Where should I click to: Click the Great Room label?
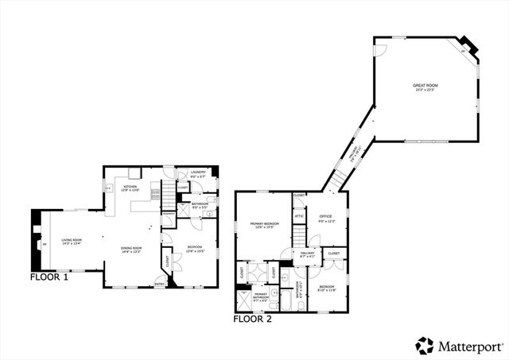(425, 87)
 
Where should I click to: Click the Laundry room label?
(198, 173)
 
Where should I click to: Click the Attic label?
(299, 215)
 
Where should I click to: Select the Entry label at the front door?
(159, 285)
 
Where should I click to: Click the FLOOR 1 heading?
(49, 277)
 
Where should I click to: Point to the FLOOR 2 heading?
(253, 319)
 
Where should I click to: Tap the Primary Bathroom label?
(260, 296)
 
